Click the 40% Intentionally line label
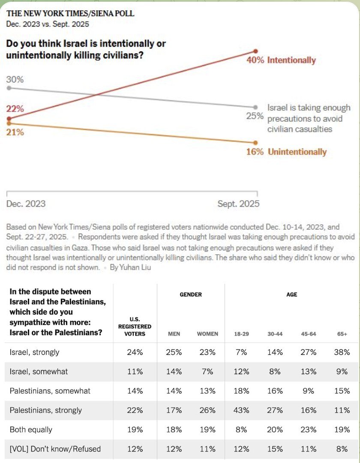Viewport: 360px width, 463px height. pyautogui.click(x=281, y=60)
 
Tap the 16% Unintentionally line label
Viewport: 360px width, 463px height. pyautogui.click(x=286, y=152)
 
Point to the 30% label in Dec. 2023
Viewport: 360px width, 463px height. pyautogui.click(x=15, y=80)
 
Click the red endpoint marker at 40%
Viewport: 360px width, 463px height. pyautogui.click(x=256, y=51)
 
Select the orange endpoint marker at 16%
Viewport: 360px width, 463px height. pyautogui.click(x=256, y=143)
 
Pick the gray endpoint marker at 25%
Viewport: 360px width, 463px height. pyautogui.click(x=256, y=107)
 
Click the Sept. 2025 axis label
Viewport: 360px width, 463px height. pyautogui.click(x=238, y=204)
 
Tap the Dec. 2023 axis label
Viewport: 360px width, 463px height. pyautogui.click(x=26, y=204)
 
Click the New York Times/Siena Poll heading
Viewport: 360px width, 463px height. pyautogui.click(x=70, y=13)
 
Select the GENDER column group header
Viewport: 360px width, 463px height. pyautogui.click(x=191, y=295)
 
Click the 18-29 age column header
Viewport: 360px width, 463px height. pyautogui.click(x=242, y=334)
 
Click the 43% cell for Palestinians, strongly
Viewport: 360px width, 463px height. pyautogui.click(x=242, y=410)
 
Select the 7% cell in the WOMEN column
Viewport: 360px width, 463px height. pyautogui.click(x=207, y=372)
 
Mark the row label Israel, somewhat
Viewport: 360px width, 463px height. pyautogui.click(x=39, y=372)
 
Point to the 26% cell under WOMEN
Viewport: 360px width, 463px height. pyautogui.click(x=207, y=410)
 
